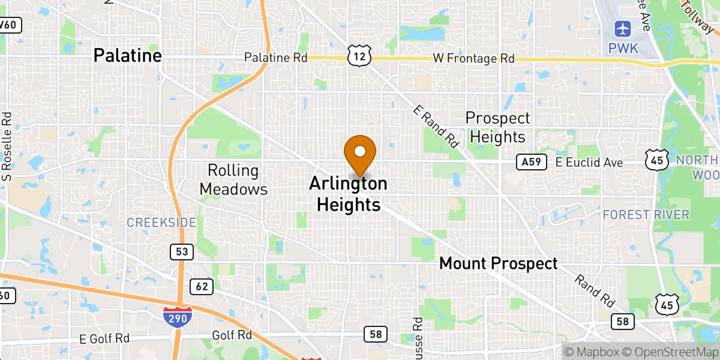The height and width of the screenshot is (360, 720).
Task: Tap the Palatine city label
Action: pos(127,56)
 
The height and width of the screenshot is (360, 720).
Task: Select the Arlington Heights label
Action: pos(348,194)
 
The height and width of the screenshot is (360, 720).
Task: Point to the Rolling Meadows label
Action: pos(233,180)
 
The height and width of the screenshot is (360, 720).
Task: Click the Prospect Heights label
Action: pos(497,127)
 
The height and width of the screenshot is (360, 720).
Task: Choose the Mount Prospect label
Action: pos(498,263)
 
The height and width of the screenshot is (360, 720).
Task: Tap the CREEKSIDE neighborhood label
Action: pos(161,223)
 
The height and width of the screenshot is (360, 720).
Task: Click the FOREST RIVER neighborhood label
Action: pos(646,214)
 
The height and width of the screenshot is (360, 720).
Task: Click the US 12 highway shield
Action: pos(359,56)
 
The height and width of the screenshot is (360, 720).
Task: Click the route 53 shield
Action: pos(181,252)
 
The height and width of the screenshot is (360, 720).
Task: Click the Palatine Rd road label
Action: pos(275,58)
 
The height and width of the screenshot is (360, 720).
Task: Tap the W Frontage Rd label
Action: pos(474,59)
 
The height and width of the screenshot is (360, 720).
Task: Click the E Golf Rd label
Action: pos(105,338)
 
